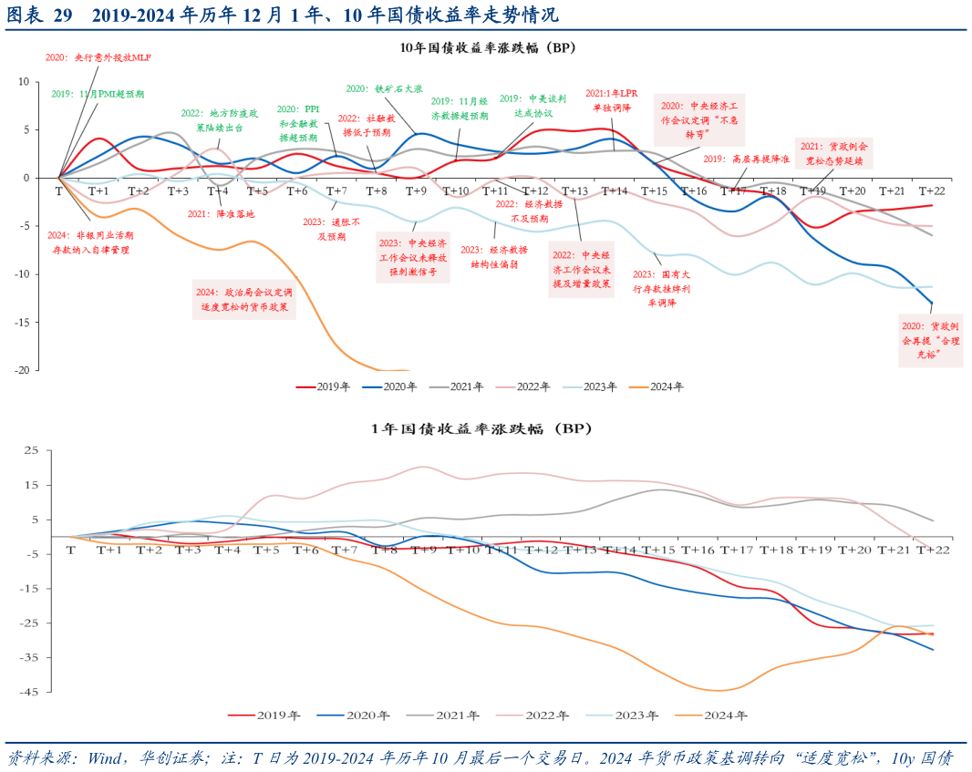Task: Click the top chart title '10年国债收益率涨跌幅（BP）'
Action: pos(488,47)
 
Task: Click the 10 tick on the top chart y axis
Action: pos(25,82)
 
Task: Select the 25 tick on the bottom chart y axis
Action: pos(29,450)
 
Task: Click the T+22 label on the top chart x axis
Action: pos(931,190)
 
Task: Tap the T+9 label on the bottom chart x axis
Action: pos(424,550)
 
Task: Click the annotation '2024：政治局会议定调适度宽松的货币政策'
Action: pos(243,300)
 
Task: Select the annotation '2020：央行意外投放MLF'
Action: pos(98,57)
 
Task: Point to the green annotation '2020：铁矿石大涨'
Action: pos(384,89)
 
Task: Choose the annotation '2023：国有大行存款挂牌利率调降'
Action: pos(661,288)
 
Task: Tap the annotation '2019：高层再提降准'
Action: pos(748,159)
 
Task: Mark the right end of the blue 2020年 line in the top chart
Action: pos(932,303)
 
